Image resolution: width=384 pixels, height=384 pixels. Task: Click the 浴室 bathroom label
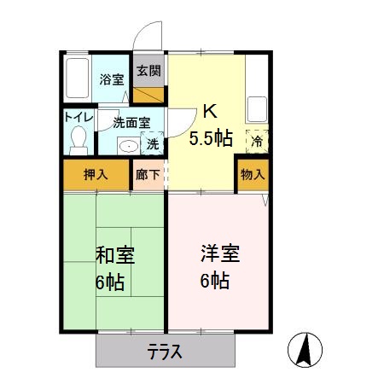click(111, 79)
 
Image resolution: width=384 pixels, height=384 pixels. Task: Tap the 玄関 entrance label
click(148, 71)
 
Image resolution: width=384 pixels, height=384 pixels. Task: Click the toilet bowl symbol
click(79, 137)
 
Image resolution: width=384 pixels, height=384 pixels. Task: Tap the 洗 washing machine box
click(152, 144)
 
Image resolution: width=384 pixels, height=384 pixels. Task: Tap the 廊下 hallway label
click(148, 175)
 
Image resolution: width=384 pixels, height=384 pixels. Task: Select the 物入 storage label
click(253, 175)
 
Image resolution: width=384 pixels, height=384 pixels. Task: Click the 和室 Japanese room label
click(114, 255)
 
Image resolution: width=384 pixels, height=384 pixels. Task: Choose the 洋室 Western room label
click(220, 253)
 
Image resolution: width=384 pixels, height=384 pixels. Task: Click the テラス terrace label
click(164, 352)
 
